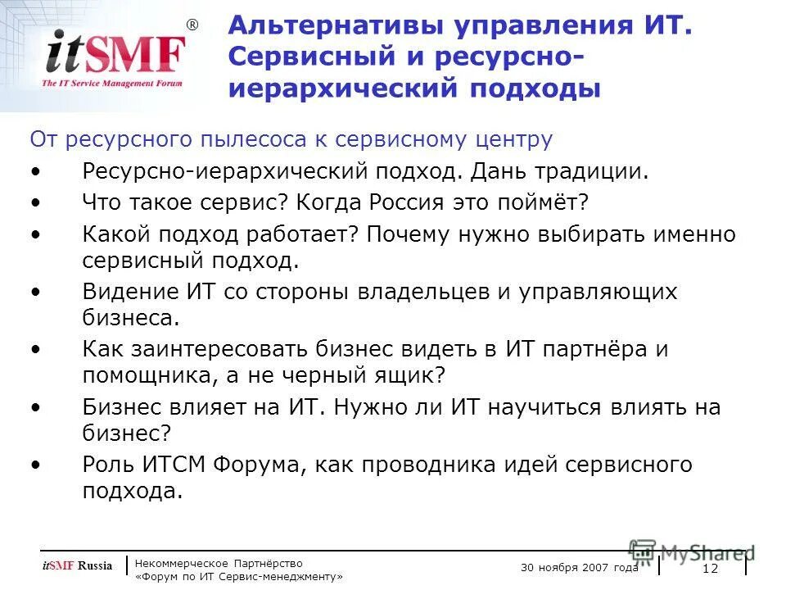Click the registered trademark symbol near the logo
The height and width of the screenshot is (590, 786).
coord(192,25)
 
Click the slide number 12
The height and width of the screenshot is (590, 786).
coord(710,570)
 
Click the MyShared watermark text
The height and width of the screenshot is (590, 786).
coord(707,553)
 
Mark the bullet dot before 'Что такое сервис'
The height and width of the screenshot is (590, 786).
coord(35,203)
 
